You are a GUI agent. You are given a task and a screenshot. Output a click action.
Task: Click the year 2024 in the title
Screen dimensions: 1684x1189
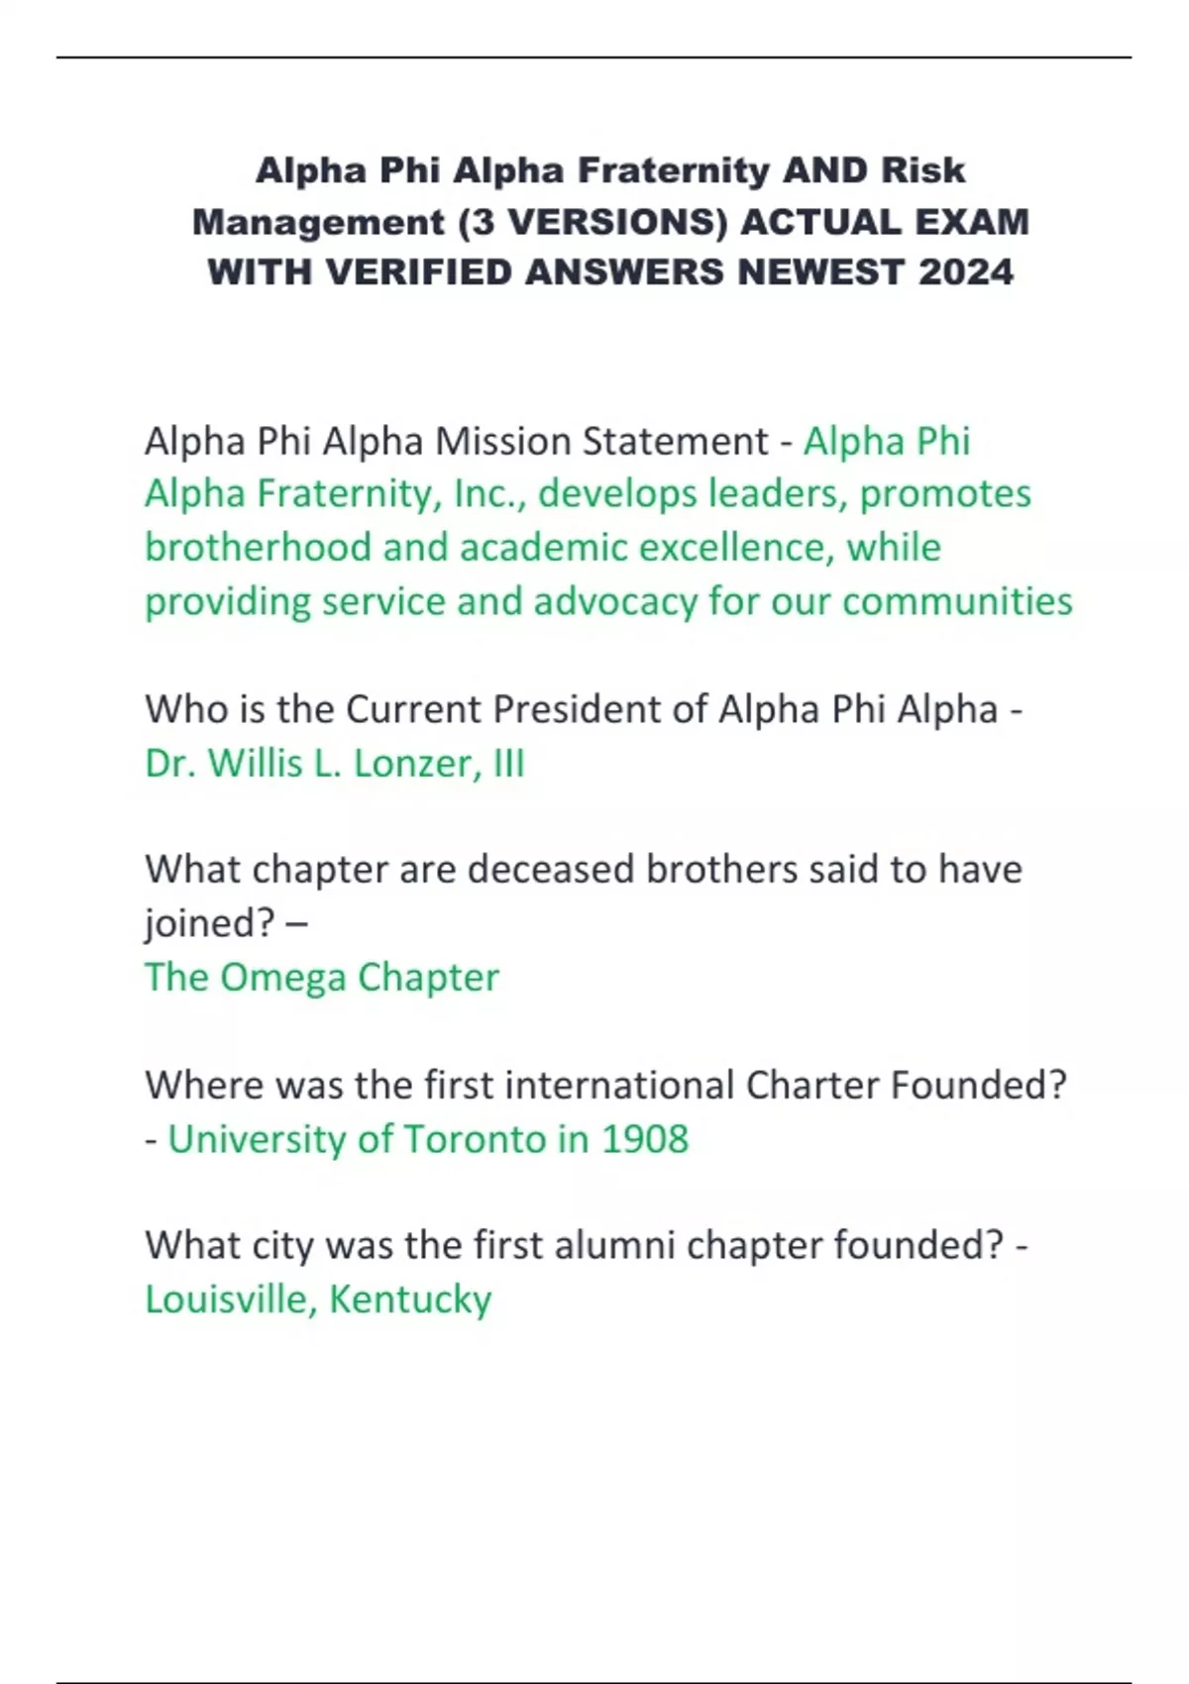click(x=966, y=272)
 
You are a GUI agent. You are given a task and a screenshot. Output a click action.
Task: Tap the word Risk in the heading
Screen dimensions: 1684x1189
click(x=923, y=170)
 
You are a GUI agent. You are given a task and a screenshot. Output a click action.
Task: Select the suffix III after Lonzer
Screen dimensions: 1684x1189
click(x=509, y=763)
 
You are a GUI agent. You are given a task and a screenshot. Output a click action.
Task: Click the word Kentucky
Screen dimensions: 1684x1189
click(x=410, y=1299)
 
